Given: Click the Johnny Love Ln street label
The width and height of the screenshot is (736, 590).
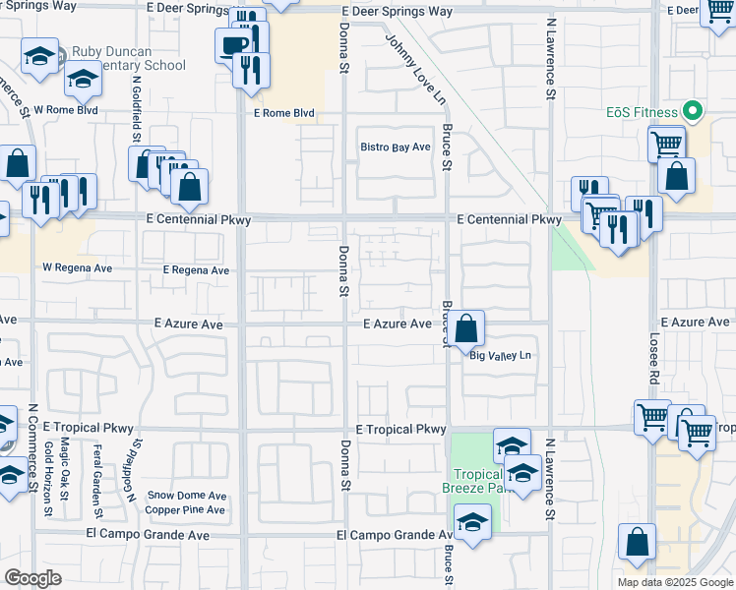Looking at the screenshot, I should point(416,70).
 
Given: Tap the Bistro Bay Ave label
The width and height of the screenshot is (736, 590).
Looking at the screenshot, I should point(395,147).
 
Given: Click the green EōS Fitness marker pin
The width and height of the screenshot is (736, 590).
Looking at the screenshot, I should point(695,111).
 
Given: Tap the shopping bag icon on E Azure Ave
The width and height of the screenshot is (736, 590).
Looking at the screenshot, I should point(469,327).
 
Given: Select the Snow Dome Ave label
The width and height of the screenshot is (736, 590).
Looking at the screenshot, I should point(187,496).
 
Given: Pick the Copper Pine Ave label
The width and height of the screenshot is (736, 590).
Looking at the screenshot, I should point(186,509).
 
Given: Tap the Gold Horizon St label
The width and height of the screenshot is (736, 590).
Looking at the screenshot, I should point(48,478).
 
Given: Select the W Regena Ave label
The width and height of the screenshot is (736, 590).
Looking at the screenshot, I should point(77,267).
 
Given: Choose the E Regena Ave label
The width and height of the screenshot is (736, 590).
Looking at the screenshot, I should point(196,270).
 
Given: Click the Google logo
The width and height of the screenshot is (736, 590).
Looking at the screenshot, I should point(32,578).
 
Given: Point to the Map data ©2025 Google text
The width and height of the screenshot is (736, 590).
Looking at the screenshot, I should point(674,582).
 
